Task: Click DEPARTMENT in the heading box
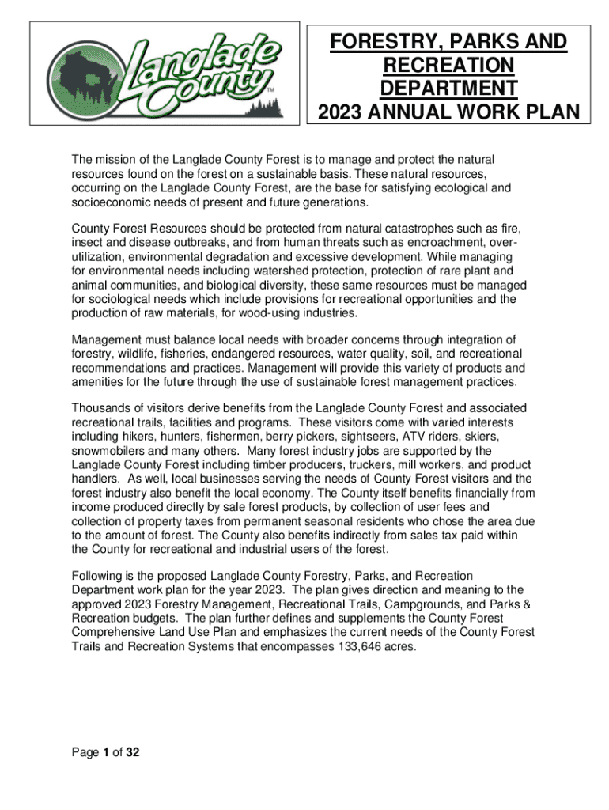pyautogui.click(x=448, y=87)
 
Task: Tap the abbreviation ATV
pyautogui.click(x=417, y=437)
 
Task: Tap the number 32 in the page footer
pyautogui.click(x=132, y=752)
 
